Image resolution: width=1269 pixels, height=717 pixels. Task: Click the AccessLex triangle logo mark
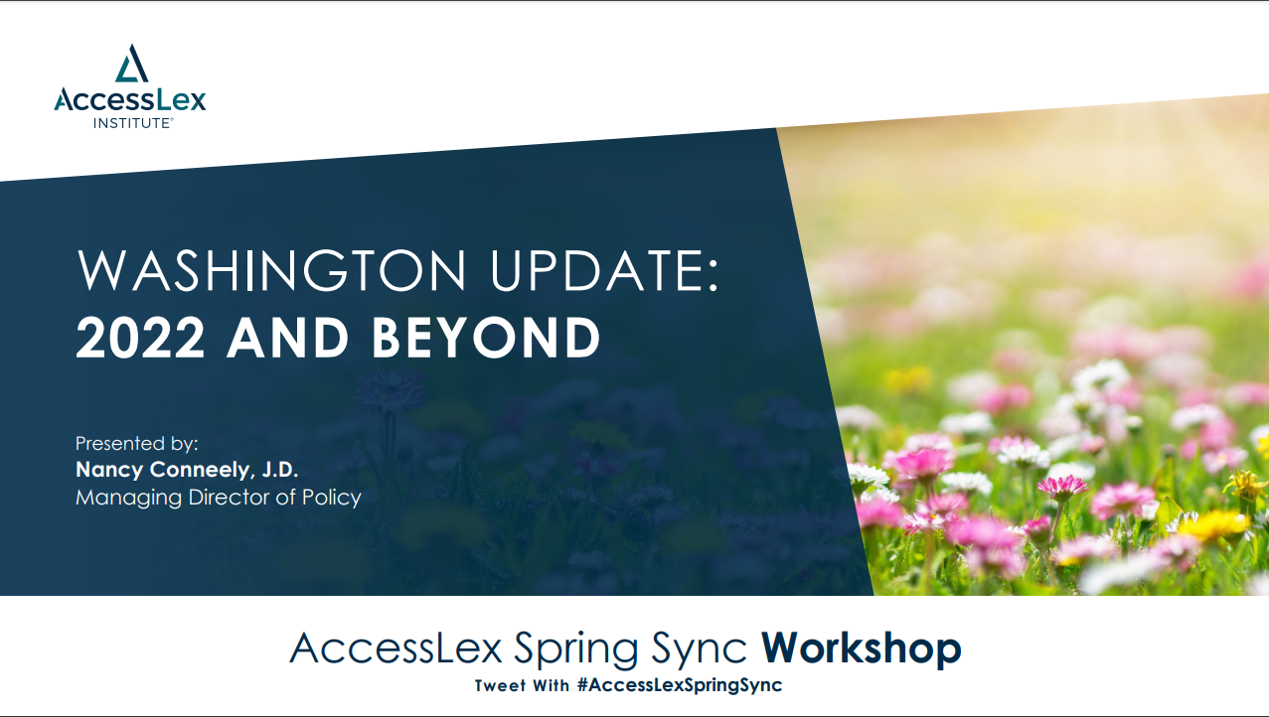131,63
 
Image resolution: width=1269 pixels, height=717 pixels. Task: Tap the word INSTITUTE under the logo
132,123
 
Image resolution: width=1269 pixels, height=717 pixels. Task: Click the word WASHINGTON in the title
271,270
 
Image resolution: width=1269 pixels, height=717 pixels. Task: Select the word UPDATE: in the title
604,270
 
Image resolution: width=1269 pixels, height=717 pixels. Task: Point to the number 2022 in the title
140,338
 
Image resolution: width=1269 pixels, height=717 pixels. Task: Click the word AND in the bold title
288,338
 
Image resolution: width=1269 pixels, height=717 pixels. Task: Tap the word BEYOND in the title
486,338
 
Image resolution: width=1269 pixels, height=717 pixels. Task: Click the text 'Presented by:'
136,444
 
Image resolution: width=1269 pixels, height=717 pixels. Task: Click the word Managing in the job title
128,498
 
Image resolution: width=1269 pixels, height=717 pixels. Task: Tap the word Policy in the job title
332,498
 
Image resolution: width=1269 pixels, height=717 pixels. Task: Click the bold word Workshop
862,647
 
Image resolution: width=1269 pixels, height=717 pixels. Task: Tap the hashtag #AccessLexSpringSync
680,685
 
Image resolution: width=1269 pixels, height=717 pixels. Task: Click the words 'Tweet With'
522,685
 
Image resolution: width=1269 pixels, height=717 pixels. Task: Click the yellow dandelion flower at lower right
1213,524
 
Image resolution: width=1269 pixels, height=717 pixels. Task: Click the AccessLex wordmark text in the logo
130,99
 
